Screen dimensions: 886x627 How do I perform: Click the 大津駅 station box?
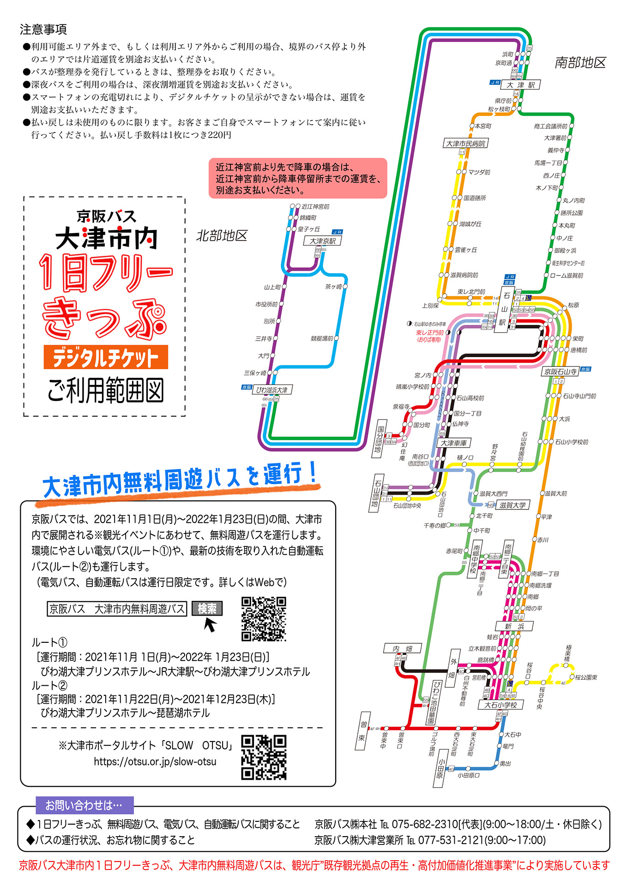tap(520, 85)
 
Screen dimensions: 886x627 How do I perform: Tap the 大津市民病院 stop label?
tap(465, 144)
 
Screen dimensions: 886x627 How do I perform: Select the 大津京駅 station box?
tap(322, 241)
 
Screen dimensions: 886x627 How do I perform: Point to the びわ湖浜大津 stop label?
tap(272, 390)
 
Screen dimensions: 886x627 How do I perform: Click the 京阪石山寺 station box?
tap(560, 371)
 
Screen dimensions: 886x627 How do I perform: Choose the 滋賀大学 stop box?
tap(512, 505)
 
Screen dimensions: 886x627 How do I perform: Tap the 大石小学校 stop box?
tap(500, 705)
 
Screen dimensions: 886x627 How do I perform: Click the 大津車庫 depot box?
tap(453, 443)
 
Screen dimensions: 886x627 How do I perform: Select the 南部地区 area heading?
tap(580, 63)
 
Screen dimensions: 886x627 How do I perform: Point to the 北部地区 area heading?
tap(222, 236)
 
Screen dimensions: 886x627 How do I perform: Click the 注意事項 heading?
tap(43, 30)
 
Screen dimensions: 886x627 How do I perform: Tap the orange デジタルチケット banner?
tap(106, 357)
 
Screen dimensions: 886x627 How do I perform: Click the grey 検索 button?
tap(207, 609)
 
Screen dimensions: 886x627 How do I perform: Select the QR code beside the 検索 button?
tap(264, 619)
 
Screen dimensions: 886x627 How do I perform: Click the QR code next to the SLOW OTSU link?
tap(264, 757)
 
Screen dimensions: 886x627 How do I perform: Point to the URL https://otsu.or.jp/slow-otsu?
tap(155, 761)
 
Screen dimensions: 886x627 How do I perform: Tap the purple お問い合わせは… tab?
tap(84, 805)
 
